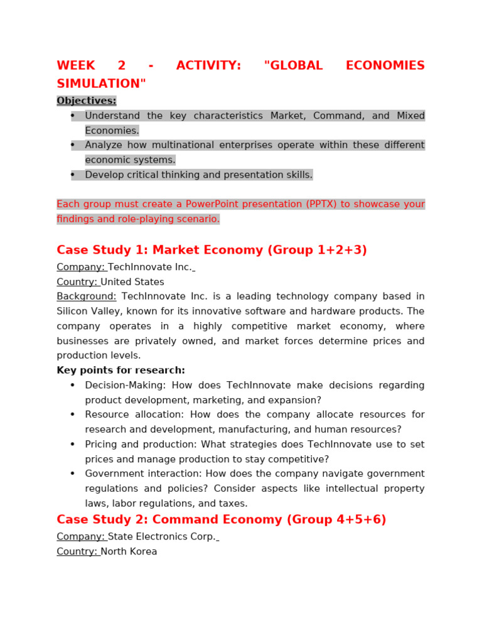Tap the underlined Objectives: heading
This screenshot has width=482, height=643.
pyautogui.click(x=87, y=100)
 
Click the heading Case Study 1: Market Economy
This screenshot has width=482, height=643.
pyautogui.click(x=212, y=250)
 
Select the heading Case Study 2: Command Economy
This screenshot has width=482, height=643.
pyautogui.click(x=221, y=519)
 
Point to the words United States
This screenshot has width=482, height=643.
pyautogui.click(x=132, y=282)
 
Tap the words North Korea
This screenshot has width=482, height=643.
pyautogui.click(x=129, y=551)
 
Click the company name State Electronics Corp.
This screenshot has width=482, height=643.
pyautogui.click(x=161, y=536)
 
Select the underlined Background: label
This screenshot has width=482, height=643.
pyautogui.click(x=86, y=296)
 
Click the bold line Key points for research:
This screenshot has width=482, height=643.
pyautogui.click(x=120, y=370)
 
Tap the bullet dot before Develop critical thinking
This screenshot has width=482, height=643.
pyautogui.click(x=73, y=175)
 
